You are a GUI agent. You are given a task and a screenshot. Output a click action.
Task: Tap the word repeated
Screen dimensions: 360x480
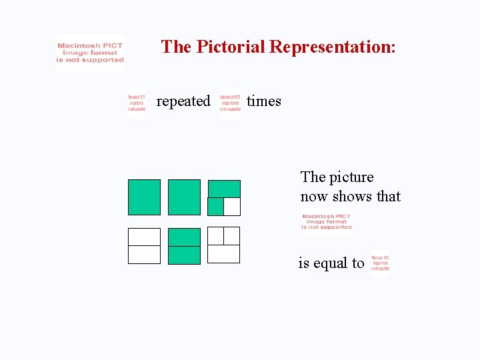coord(183,101)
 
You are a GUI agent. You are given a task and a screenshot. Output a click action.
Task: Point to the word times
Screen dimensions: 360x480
coord(264,101)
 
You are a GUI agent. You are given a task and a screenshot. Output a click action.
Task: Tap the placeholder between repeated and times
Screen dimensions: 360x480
coord(231,104)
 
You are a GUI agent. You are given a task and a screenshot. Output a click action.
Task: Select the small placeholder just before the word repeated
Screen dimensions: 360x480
coord(137,104)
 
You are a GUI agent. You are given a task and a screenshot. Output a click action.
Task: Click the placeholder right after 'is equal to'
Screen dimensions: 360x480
coord(380,261)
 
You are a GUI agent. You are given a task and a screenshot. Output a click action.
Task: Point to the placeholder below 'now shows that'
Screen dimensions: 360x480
coord(326,222)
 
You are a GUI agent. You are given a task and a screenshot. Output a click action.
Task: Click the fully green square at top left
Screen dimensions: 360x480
coord(144,197)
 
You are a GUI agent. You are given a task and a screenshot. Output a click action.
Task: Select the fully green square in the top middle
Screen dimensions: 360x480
coord(184,197)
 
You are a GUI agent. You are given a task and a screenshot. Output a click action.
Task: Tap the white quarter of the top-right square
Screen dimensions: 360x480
coord(231,207)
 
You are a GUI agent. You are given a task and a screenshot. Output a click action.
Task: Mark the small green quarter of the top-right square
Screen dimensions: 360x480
coord(215,207)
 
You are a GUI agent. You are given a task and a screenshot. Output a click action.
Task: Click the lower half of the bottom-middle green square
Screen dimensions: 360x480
coord(184,255)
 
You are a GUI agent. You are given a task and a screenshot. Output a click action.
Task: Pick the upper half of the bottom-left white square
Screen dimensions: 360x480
coord(144,237)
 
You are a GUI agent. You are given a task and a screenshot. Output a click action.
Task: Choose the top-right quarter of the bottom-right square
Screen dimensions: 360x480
coord(231,236)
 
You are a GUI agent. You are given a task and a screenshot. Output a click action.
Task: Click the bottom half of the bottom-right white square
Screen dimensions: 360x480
coord(223,254)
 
